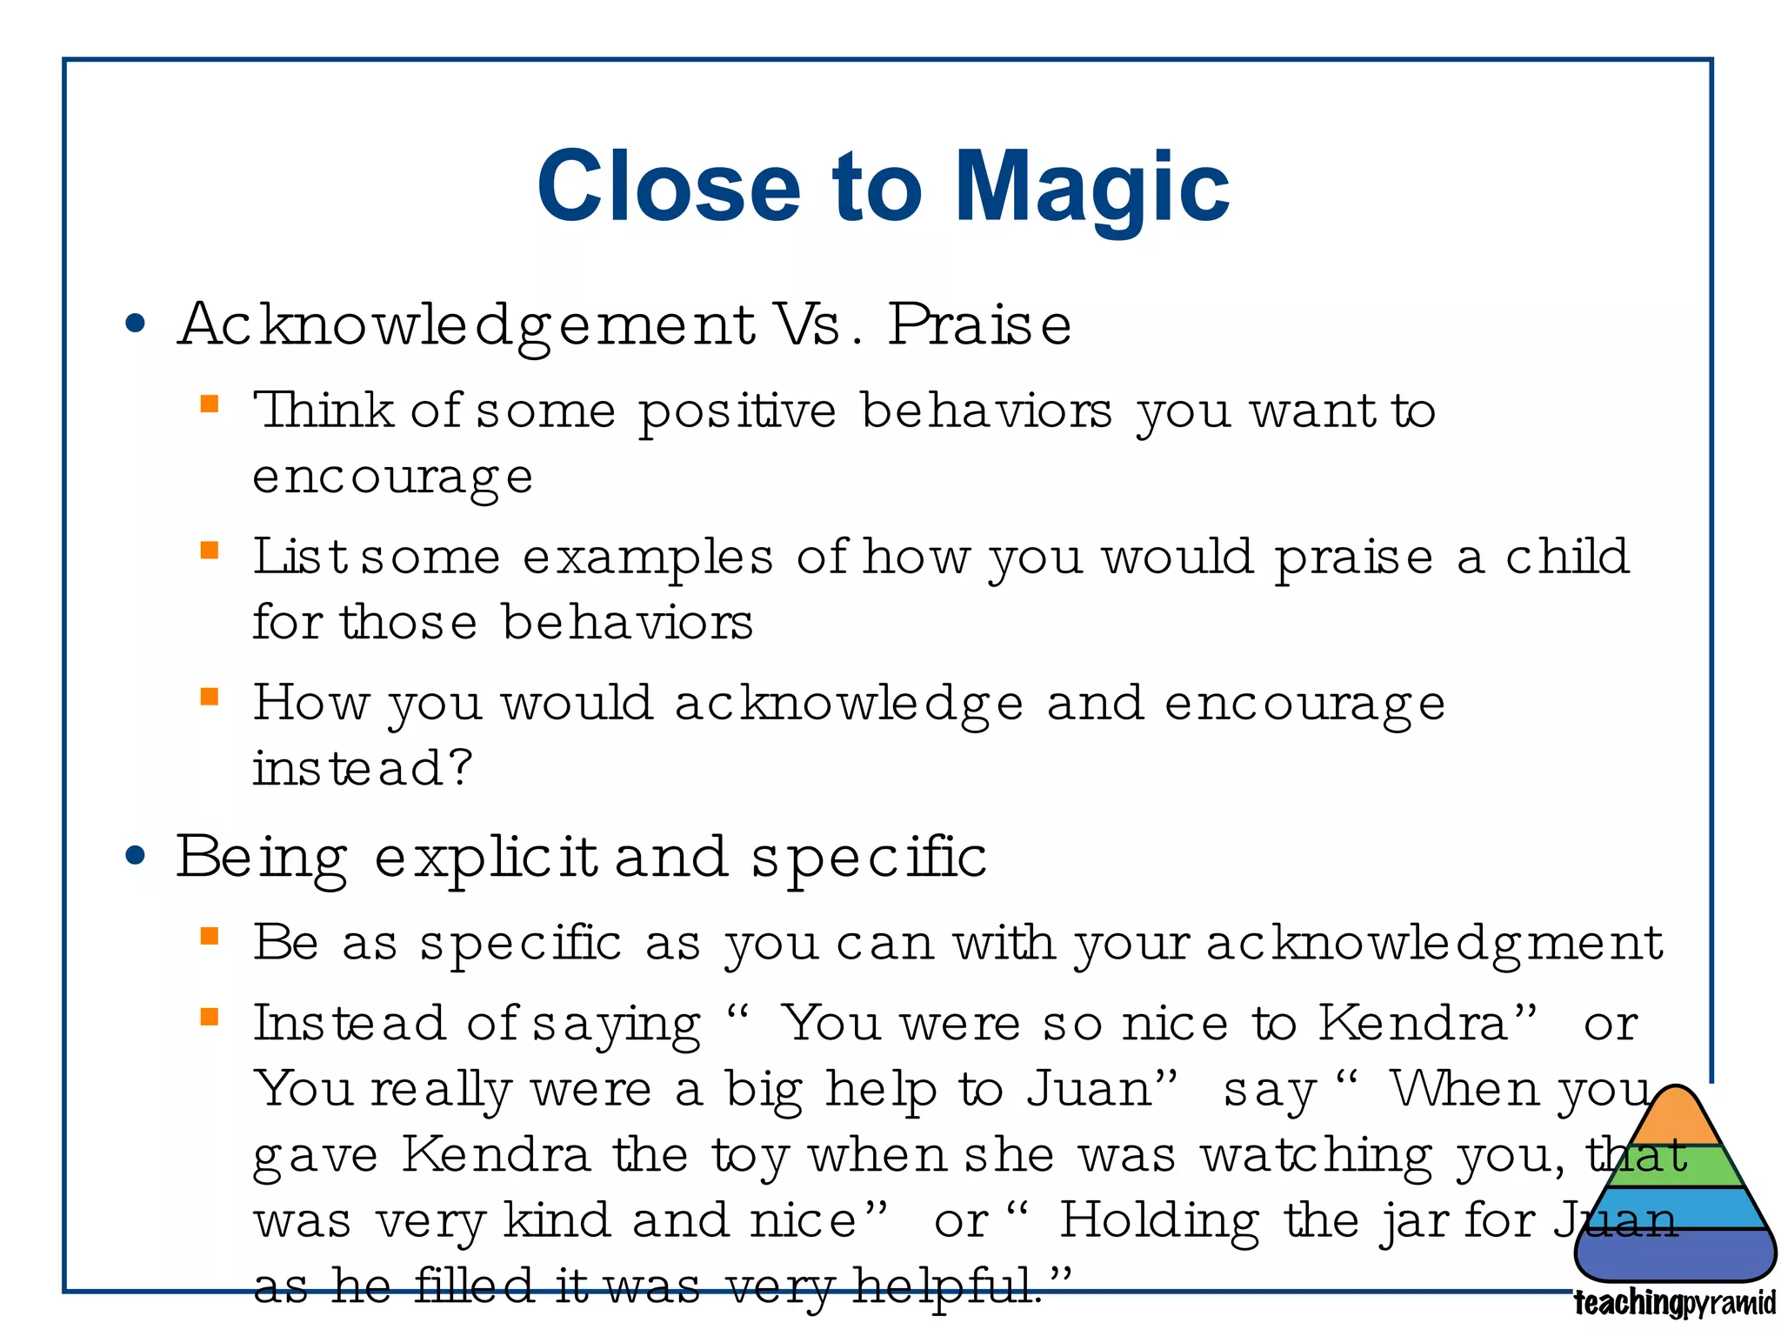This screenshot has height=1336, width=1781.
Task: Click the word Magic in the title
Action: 1092,187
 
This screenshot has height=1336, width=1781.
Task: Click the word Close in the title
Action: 668,187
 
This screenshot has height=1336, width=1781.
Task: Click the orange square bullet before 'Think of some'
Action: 210,404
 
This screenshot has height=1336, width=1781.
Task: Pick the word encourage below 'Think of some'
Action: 392,478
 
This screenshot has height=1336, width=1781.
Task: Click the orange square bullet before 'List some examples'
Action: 210,551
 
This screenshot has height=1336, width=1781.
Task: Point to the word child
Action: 1567,557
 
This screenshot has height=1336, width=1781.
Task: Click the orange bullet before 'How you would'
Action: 210,697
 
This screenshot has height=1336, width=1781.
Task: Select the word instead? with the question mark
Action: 362,769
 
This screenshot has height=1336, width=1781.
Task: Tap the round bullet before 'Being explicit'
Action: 135,857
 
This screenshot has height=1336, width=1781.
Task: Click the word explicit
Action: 486,858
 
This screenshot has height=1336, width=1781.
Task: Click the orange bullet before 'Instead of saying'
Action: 210,1017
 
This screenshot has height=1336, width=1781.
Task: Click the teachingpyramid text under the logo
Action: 1674,1304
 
